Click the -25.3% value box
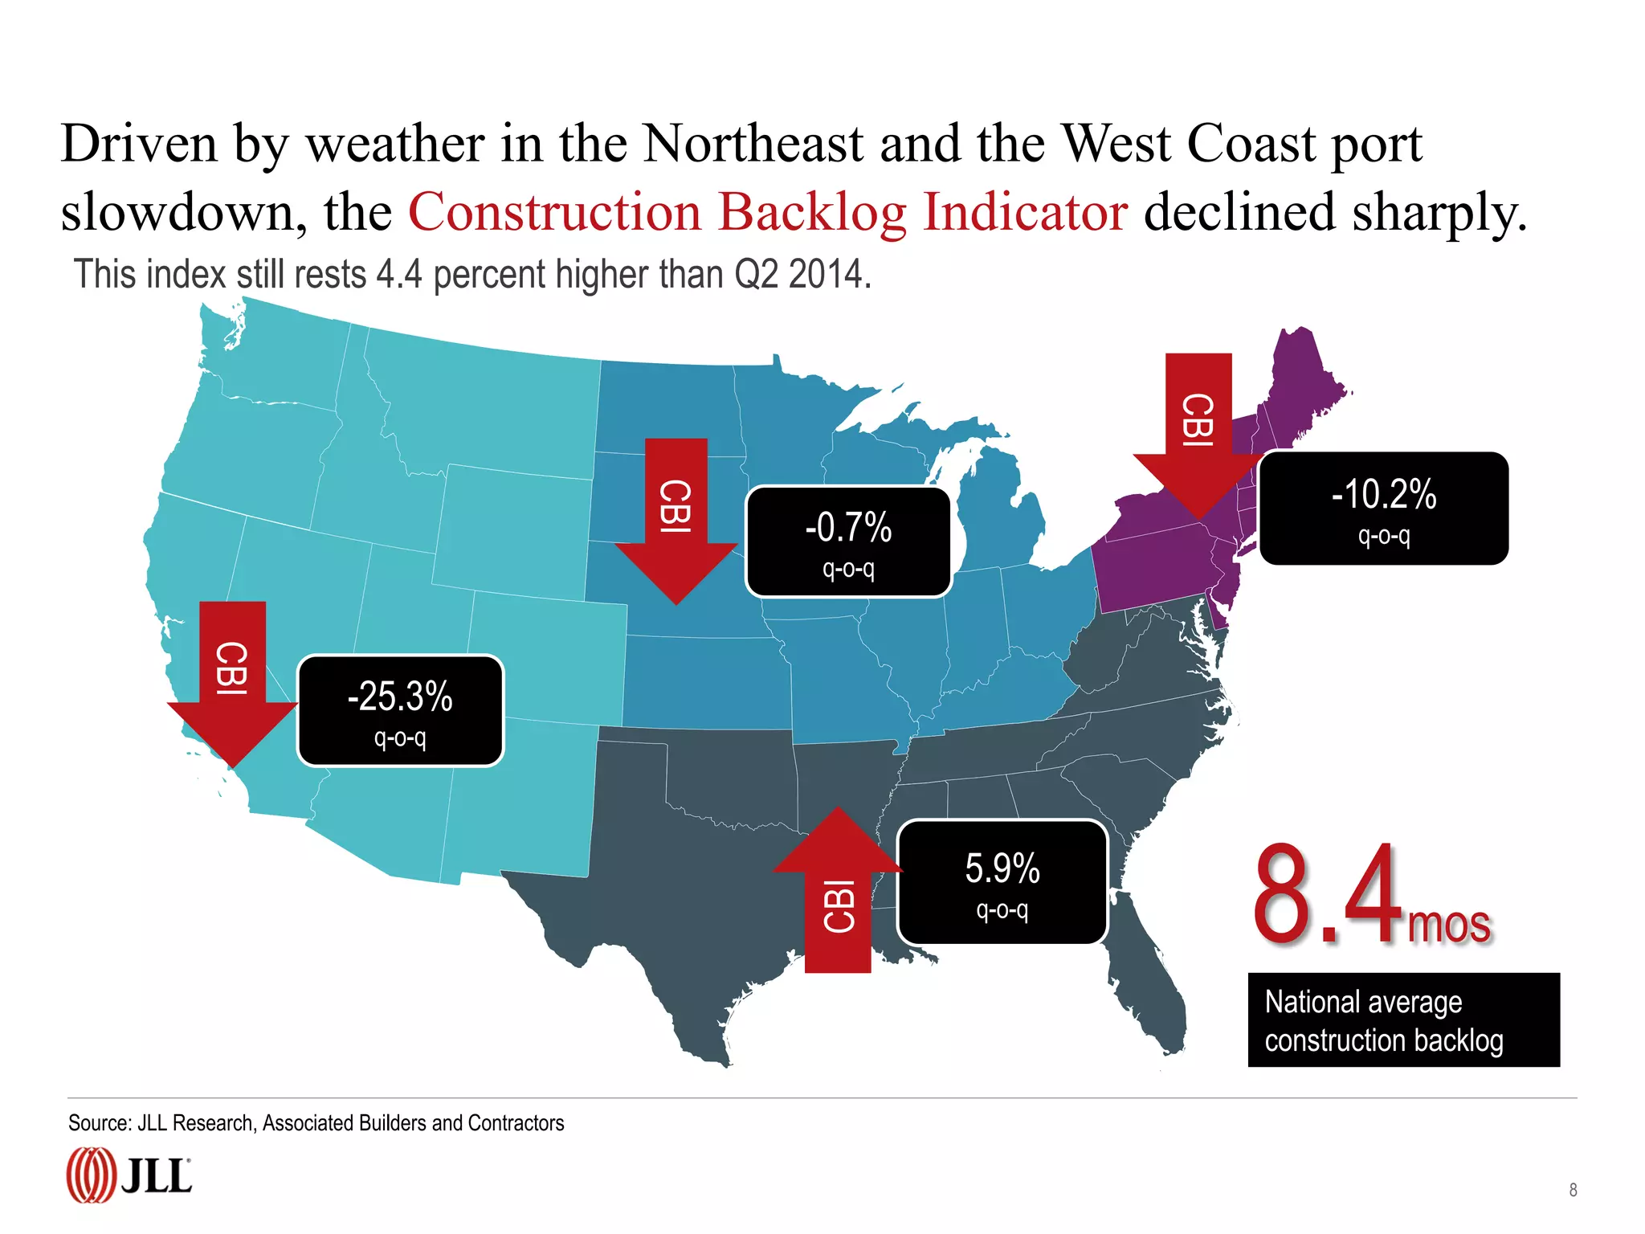point(400,710)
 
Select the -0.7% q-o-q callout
point(848,541)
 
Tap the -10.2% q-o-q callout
point(1383,508)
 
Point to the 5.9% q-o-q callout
point(1002,882)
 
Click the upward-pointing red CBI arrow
point(838,892)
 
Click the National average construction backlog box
point(1403,1020)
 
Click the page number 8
point(1573,1190)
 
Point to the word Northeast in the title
point(753,145)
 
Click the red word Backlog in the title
point(812,213)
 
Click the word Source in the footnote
point(98,1123)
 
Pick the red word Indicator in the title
point(1025,213)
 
